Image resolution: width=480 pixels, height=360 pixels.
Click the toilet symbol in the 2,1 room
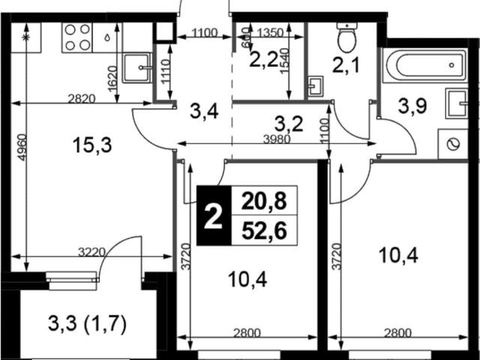[346, 37]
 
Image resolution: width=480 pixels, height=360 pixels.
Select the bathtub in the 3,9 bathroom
[426, 65]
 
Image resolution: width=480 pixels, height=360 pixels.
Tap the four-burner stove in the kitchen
[76, 37]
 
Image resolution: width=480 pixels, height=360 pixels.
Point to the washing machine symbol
[453, 144]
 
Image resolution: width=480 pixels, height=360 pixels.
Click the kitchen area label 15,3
[92, 145]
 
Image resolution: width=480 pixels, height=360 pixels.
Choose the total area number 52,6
[264, 230]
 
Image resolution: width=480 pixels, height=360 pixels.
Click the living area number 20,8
[264, 202]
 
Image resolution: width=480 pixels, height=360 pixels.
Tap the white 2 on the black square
[213, 217]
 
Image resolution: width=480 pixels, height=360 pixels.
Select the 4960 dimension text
[22, 148]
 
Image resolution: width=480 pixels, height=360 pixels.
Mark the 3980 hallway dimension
[277, 139]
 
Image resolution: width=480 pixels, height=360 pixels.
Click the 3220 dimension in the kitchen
[91, 253]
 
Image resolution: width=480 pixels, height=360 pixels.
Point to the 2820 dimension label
[82, 99]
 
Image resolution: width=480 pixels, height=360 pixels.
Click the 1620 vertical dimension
[112, 79]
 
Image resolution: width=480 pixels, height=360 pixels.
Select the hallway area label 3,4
[204, 112]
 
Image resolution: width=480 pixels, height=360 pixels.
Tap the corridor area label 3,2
[289, 124]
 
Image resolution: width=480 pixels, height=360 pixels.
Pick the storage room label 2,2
[264, 60]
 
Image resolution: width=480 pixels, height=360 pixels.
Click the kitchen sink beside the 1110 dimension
[137, 67]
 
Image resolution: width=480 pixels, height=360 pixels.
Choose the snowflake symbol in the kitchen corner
[25, 37]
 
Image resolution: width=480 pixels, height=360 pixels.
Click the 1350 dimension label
[271, 33]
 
